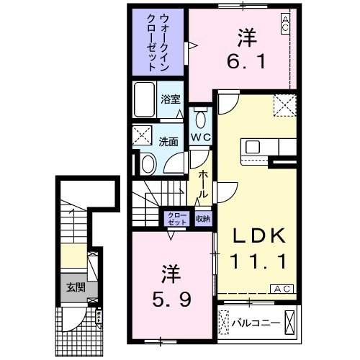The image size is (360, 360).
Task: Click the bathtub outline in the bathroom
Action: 143,101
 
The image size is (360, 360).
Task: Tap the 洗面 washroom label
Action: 168,142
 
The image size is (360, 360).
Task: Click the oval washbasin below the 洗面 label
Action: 148,164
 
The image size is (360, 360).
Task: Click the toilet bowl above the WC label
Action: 201,118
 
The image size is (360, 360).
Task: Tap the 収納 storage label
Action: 203,218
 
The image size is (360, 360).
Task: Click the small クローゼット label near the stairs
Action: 176,219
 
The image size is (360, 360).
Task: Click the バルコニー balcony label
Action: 256,322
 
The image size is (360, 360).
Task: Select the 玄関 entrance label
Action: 74,287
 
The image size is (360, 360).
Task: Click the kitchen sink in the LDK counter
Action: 253,147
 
